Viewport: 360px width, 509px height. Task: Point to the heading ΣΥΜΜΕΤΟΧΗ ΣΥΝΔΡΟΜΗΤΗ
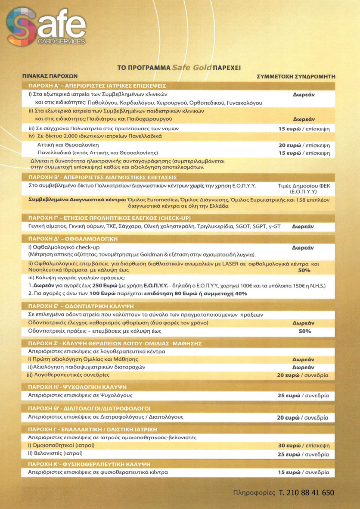[295, 76]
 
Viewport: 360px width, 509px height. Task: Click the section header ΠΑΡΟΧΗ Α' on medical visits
[97, 85]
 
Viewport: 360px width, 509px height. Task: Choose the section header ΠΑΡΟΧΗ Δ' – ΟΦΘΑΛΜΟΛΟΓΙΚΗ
[78, 238]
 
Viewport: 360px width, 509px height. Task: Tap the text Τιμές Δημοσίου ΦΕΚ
[304, 186]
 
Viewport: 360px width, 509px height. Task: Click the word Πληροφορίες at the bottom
[254, 493]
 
